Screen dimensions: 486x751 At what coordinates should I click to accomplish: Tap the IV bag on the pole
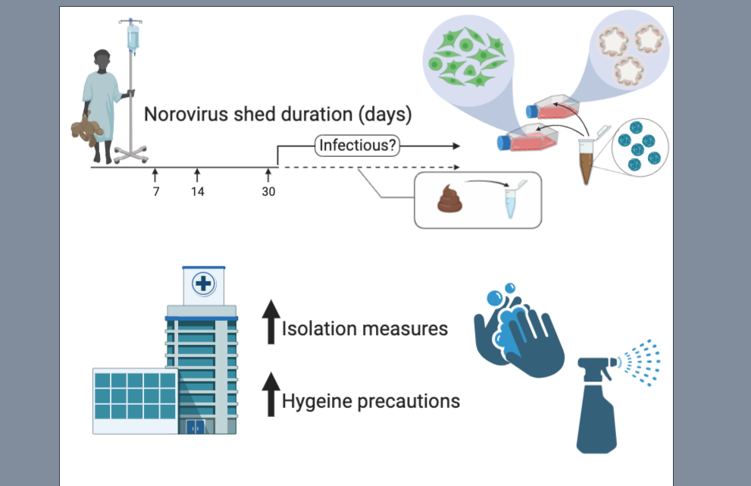pyautogui.click(x=133, y=36)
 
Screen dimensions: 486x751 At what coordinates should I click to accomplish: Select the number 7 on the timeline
pyautogui.click(x=156, y=192)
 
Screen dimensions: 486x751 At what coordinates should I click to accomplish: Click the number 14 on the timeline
pyautogui.click(x=197, y=192)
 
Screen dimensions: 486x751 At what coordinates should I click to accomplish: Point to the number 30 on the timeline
pyautogui.click(x=269, y=192)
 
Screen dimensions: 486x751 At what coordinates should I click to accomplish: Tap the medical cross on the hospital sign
pyautogui.click(x=204, y=284)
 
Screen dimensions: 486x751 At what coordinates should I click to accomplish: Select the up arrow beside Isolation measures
pyautogui.click(x=270, y=321)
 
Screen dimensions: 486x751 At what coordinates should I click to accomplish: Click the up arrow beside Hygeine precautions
pyautogui.click(x=270, y=394)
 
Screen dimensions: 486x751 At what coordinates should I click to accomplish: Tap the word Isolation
pyautogui.click(x=317, y=329)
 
